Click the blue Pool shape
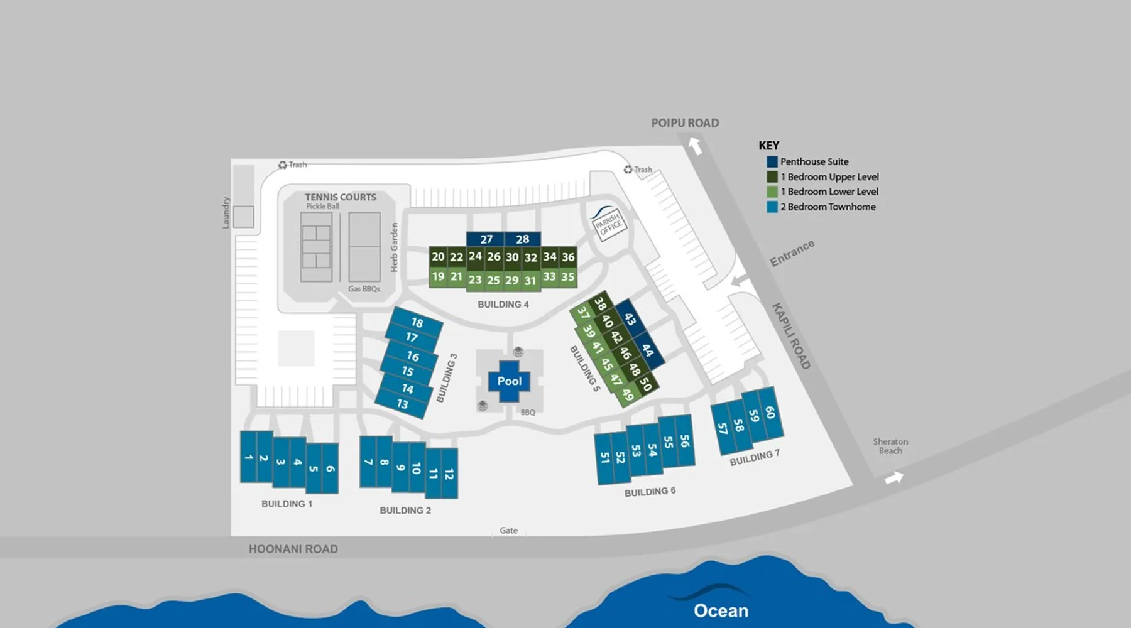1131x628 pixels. pyautogui.click(x=509, y=381)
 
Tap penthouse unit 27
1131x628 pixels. pyautogui.click(x=485, y=239)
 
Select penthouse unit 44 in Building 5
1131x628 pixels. pyautogui.click(x=648, y=350)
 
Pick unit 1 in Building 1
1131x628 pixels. pyautogui.click(x=249, y=457)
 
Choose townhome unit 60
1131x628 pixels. pyautogui.click(x=770, y=413)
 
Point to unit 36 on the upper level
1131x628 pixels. pyautogui.click(x=568, y=257)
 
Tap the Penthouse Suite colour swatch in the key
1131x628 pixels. pyautogui.click(x=772, y=162)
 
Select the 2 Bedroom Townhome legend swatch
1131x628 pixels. pyautogui.click(x=772, y=207)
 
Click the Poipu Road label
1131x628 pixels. pyautogui.click(x=685, y=123)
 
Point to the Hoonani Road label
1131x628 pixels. pyautogui.click(x=293, y=549)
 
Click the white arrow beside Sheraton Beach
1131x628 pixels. pyautogui.click(x=894, y=478)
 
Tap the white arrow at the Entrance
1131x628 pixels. pyautogui.click(x=739, y=280)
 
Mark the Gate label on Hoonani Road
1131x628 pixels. pyautogui.click(x=508, y=531)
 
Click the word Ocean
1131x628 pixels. pyautogui.click(x=721, y=610)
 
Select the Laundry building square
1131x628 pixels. pyautogui.click(x=244, y=217)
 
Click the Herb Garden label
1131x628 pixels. pyautogui.click(x=395, y=247)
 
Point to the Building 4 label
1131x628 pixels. pyautogui.click(x=503, y=305)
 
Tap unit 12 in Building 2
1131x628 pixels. pyautogui.click(x=449, y=474)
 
